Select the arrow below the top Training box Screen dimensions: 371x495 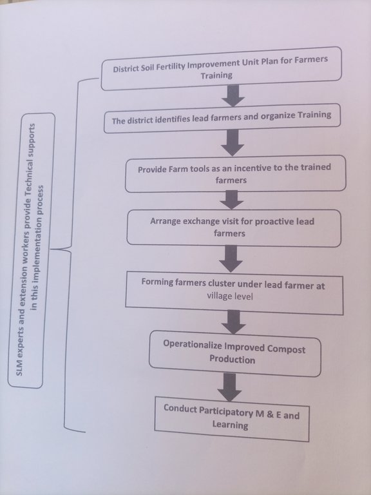pos(233,95)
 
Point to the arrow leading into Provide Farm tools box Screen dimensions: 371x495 pos(233,142)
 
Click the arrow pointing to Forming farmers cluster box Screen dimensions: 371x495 pos(231,259)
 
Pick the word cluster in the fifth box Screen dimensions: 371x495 pos(222,283)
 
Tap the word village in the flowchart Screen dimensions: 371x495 pos(218,295)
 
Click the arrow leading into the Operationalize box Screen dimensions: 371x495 pos(233,322)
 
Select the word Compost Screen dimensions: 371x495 pos(286,349)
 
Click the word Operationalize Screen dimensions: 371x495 pos(193,345)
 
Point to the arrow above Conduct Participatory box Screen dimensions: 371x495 pos(229,387)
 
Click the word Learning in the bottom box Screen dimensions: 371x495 pos(230,425)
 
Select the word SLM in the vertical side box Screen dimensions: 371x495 pos(19,368)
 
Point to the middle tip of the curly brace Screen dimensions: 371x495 pos(51,249)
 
